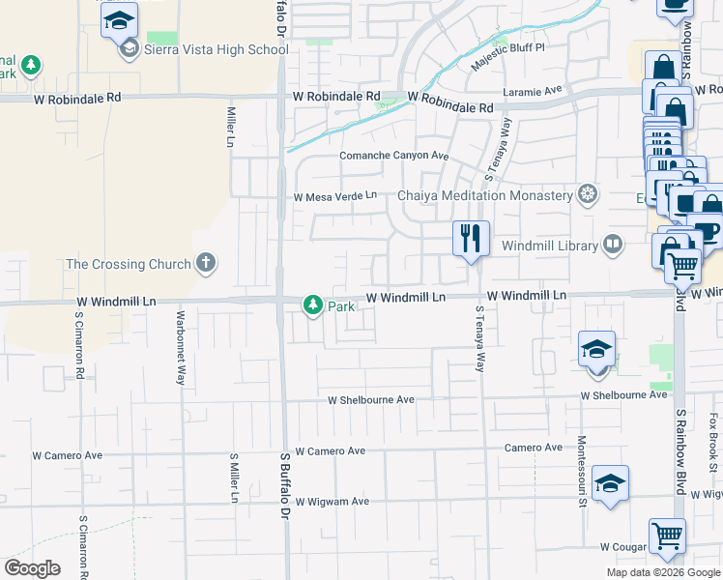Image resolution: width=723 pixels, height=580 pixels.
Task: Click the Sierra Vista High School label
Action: tap(217, 49)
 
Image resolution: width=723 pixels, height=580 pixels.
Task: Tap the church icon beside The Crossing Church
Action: tap(205, 262)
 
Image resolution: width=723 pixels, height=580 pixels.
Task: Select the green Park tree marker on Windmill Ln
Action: tap(313, 305)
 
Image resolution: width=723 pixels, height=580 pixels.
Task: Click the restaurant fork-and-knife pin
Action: tap(472, 238)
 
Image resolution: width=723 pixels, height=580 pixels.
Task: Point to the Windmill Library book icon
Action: tap(613, 245)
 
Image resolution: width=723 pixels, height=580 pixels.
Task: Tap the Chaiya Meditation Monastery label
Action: tap(485, 195)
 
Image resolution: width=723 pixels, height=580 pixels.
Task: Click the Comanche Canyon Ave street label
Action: tap(394, 156)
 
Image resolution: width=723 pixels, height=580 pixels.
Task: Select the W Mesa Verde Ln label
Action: tap(335, 196)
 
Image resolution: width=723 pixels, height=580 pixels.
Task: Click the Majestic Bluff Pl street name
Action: tap(508, 57)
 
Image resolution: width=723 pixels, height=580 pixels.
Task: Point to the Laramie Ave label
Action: tap(533, 91)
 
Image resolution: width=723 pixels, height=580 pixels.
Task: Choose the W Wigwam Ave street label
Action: tap(333, 502)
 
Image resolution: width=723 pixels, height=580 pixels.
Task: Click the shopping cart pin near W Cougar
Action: tap(667, 536)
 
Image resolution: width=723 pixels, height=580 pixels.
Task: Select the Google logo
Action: tap(32, 568)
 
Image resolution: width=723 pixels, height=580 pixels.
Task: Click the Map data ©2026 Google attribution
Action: tap(662, 572)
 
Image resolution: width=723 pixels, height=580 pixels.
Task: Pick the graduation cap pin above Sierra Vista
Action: tap(120, 19)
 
